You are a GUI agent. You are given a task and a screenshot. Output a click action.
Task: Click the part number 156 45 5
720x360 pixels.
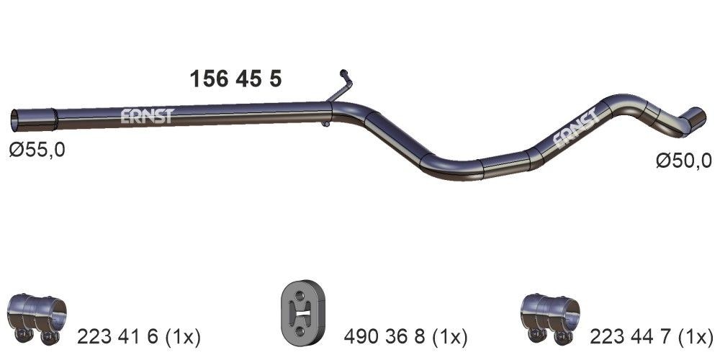pos(235,78)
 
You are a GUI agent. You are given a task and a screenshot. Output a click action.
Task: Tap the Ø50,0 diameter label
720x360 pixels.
pos(683,161)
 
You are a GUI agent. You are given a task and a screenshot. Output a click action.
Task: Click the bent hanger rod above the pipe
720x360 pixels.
pos(343,86)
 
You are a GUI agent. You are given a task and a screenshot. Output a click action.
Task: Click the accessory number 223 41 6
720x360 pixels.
pos(115,336)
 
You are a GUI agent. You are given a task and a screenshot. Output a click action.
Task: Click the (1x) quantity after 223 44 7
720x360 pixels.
pos(696,336)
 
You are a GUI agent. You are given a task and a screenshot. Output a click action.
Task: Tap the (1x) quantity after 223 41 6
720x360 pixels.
pos(181,336)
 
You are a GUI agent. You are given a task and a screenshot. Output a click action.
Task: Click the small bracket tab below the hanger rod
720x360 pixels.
pos(325,124)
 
